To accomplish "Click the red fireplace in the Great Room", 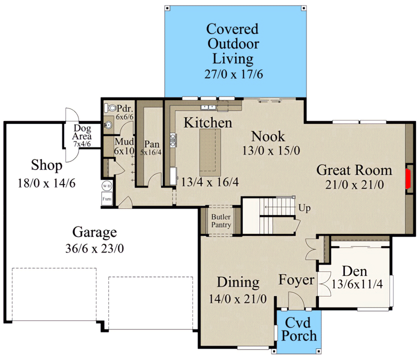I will pos(408,179).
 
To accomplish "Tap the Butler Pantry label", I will pos(220,221).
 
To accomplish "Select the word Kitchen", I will pos(207,123).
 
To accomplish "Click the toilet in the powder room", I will pos(110,107).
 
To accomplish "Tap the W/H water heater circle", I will pos(106,186).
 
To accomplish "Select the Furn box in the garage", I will pos(106,199).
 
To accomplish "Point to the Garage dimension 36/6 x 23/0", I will pos(94,248).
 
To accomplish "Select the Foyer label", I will pos(296,280).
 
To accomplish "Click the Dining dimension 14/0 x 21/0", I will pos(238,299).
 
